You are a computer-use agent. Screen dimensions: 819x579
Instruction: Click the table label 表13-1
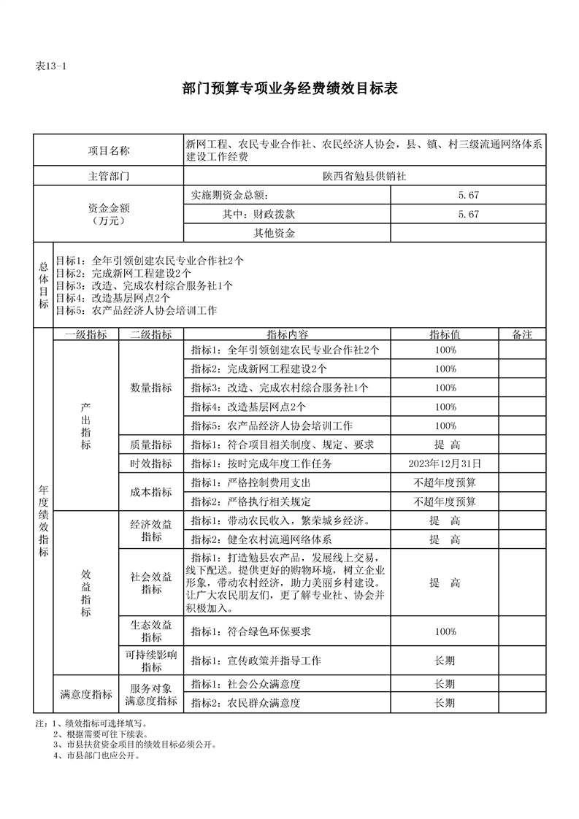(51, 66)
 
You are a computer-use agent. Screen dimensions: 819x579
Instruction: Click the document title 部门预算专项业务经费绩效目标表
(289, 89)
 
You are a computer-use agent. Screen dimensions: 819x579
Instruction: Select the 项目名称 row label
(109, 151)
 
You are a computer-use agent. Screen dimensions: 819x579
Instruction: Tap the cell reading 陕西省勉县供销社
(364, 177)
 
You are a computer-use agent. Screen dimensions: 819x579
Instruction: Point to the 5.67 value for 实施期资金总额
(468, 196)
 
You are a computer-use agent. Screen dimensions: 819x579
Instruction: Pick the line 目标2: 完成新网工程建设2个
(124, 273)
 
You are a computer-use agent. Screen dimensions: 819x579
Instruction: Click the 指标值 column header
(445, 334)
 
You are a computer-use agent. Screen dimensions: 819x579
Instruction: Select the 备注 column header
(522, 334)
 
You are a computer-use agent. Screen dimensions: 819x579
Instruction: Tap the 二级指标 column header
(151, 334)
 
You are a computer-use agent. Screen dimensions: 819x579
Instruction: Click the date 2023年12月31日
(445, 464)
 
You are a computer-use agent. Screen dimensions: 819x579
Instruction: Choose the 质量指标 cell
(151, 445)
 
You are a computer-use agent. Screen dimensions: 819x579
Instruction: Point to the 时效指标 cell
(151, 464)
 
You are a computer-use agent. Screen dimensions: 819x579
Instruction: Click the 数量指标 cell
(151, 388)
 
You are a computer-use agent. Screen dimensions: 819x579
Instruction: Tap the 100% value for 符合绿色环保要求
(445, 631)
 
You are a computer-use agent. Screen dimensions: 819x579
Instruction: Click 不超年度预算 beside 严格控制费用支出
(445, 482)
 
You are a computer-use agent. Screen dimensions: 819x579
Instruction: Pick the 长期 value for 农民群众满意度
(445, 703)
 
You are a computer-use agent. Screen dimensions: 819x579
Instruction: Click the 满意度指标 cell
(86, 694)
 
